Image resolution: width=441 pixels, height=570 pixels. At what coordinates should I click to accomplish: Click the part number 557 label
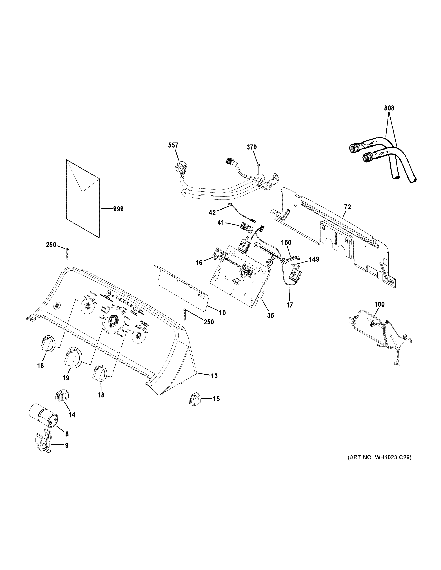click(x=173, y=145)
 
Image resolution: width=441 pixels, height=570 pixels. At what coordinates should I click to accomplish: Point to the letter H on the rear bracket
click(x=346, y=241)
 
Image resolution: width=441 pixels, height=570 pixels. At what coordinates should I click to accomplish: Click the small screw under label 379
click(x=258, y=165)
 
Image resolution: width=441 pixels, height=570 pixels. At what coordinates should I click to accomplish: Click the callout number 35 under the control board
click(x=270, y=316)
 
